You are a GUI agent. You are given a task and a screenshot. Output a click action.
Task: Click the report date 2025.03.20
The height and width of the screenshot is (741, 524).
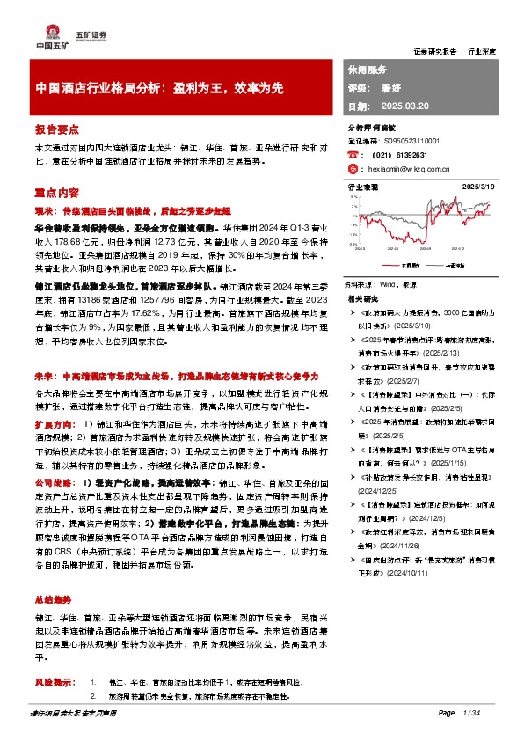(x=405, y=106)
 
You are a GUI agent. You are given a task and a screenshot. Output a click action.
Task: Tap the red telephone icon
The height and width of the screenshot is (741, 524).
(x=353, y=154)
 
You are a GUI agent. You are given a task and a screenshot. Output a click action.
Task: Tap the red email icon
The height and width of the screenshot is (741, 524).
(x=353, y=168)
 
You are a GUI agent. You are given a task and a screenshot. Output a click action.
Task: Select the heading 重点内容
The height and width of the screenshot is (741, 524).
(x=54, y=192)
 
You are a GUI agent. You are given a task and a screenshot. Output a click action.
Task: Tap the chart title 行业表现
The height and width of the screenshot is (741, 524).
(x=363, y=187)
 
